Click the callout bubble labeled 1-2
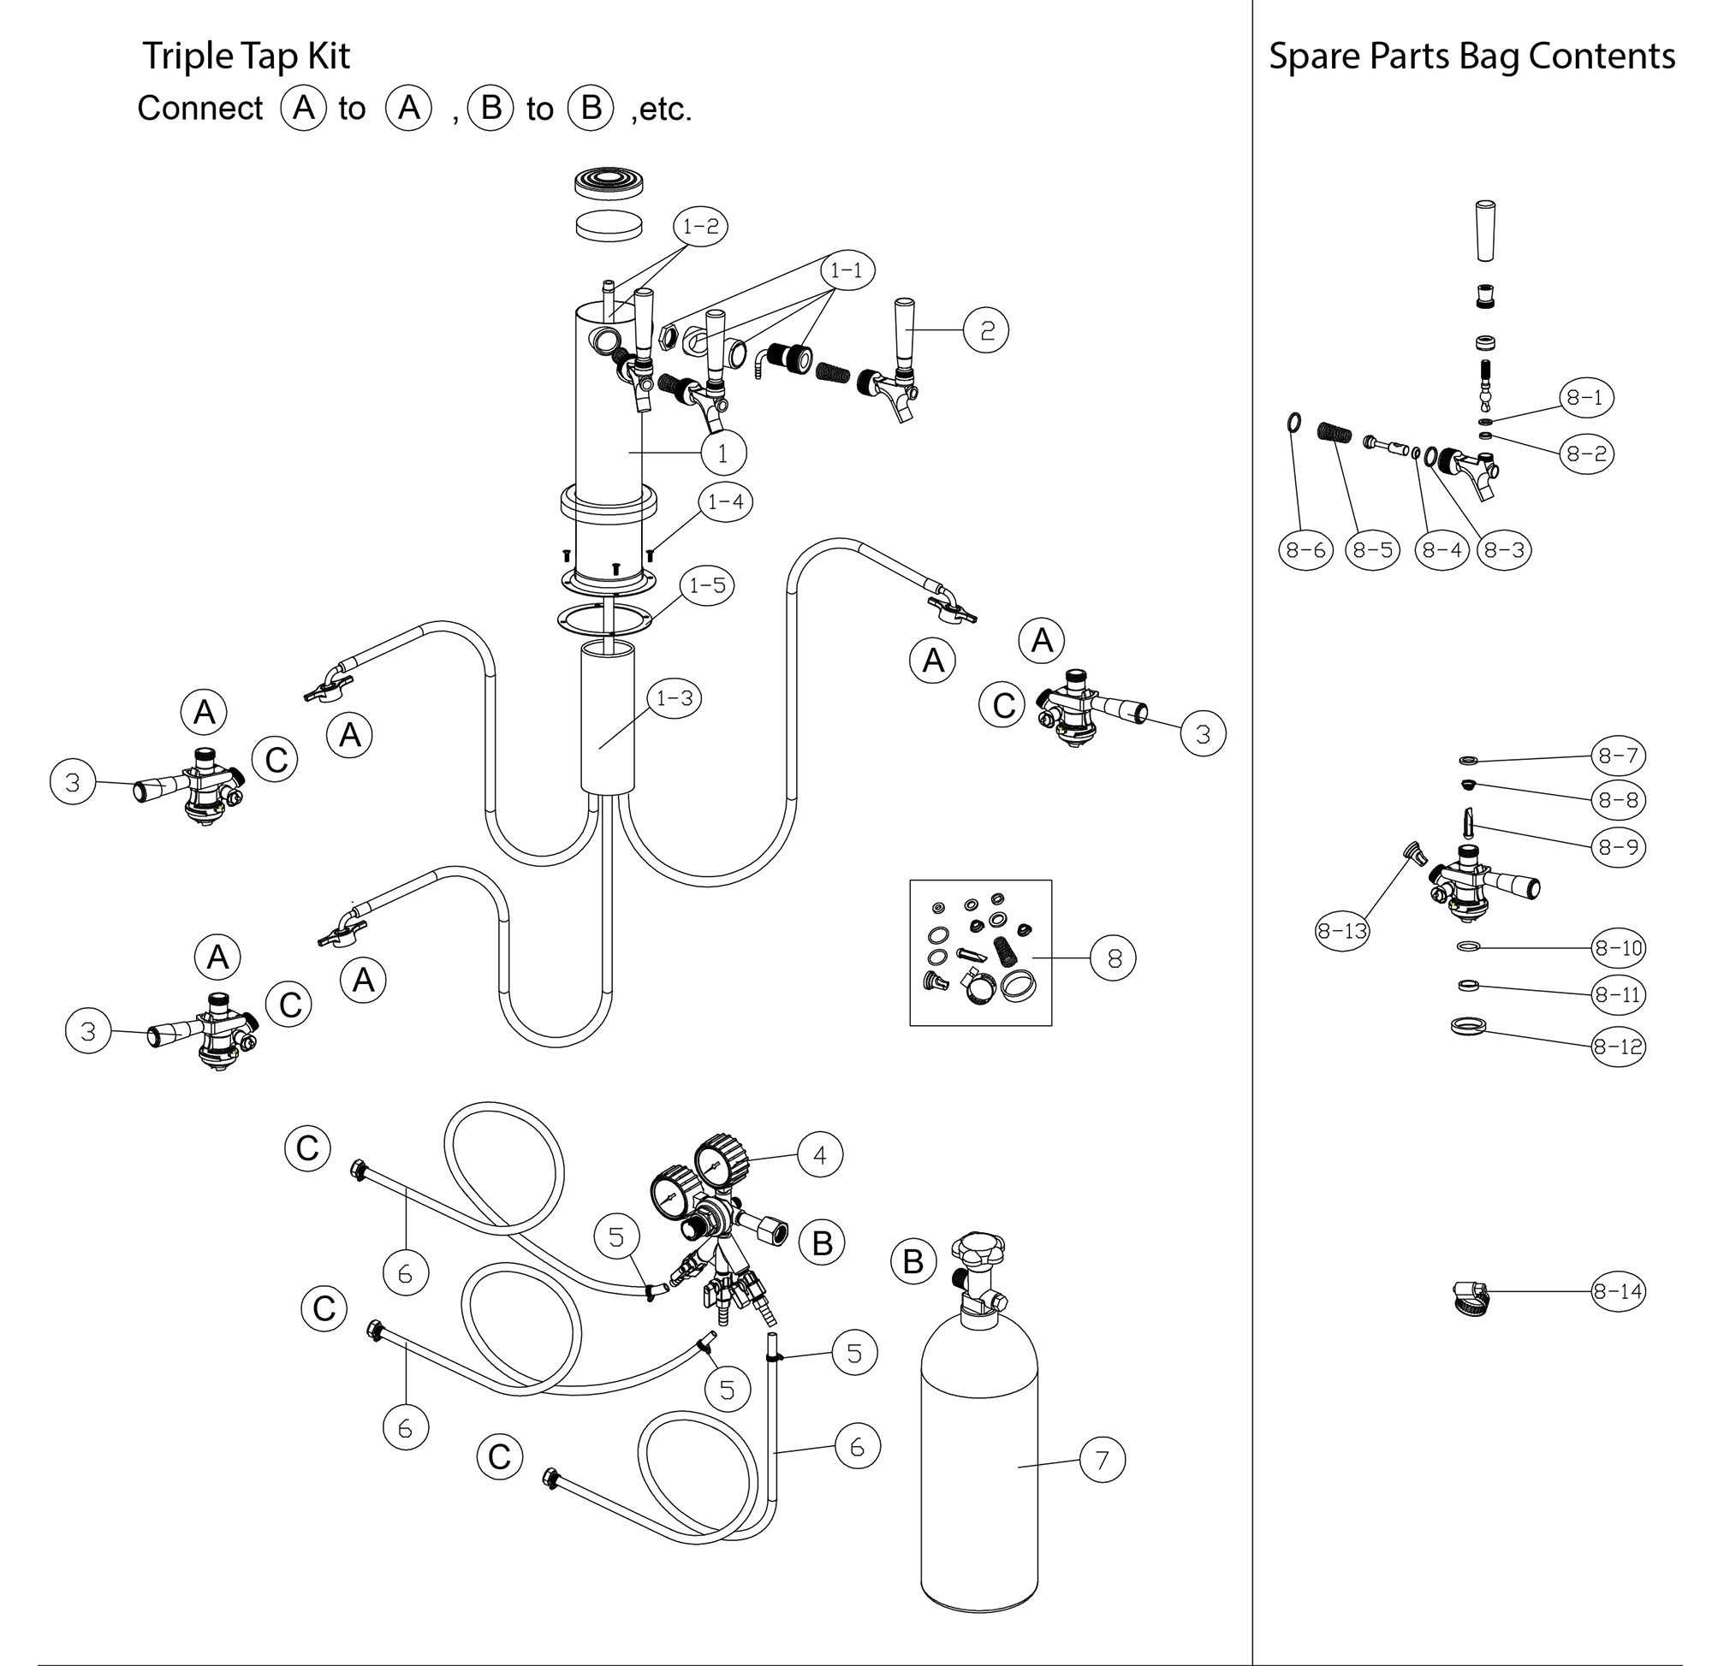[700, 227]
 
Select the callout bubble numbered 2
[986, 331]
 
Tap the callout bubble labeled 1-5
[707, 584]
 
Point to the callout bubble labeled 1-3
[674, 698]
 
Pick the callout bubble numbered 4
[819, 1155]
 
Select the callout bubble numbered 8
[1114, 958]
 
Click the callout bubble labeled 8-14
[1618, 1290]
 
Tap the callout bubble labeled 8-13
[1341, 931]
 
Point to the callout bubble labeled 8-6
[1305, 549]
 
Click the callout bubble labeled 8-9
[1618, 846]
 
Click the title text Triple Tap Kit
[246, 56]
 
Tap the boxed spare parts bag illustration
[980, 952]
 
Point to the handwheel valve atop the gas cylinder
[978, 1246]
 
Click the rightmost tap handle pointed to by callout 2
[904, 328]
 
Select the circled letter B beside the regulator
[822, 1242]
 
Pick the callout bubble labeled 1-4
[725, 502]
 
